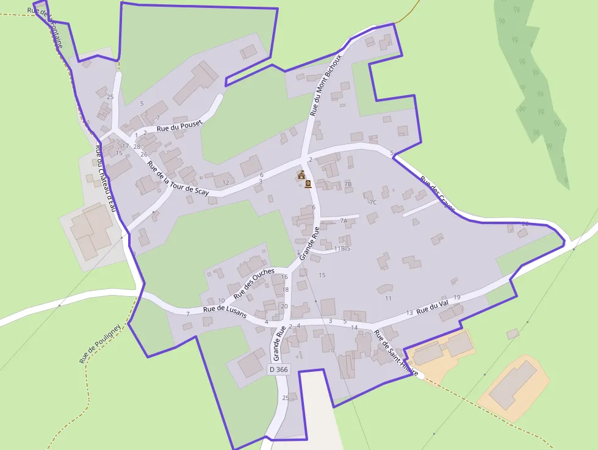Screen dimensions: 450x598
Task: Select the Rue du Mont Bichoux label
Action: pos(322,89)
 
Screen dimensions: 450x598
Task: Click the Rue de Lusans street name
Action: pos(225,311)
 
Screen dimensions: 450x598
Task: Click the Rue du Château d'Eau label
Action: pos(104,178)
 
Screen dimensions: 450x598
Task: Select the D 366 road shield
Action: pos(278,369)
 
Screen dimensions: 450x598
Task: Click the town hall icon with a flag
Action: pos(301,175)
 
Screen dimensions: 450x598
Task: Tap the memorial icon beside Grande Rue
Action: pos(308,183)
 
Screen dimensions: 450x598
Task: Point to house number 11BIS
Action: pos(342,249)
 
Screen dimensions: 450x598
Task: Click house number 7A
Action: pos(344,220)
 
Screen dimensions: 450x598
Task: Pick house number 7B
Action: pos(348,184)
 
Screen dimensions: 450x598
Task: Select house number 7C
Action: pos(373,202)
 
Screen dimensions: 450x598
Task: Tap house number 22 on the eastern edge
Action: pos(525,224)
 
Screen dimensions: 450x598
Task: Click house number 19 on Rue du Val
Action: pos(456,297)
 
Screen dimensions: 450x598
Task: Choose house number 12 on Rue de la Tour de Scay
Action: pos(226,183)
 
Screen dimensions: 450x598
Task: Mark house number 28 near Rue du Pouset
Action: pos(137,147)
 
